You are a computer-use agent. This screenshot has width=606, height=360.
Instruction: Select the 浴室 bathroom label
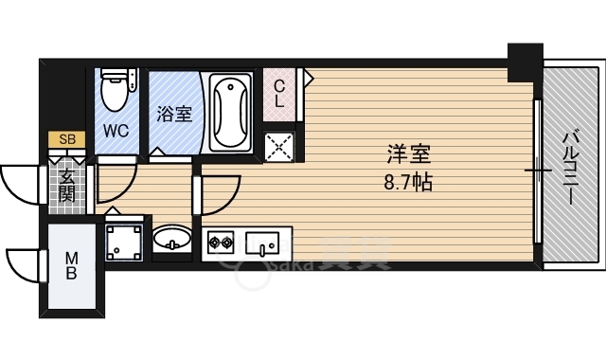coord(173,115)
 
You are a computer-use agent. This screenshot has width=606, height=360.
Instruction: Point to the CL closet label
coord(280,92)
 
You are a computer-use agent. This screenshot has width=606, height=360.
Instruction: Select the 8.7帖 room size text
coord(408,181)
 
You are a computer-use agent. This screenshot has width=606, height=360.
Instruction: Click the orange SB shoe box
coord(66,140)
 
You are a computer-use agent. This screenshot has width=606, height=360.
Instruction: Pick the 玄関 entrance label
coord(67,186)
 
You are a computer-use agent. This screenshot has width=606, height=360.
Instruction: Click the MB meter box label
coord(72,266)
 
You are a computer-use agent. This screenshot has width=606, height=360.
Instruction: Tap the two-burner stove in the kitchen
coord(221,243)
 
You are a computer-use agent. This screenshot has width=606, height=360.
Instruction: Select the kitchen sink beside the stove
coord(260,243)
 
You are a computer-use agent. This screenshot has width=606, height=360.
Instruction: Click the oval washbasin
coord(171,237)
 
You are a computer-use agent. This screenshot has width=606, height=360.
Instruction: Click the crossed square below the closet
coord(281,146)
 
